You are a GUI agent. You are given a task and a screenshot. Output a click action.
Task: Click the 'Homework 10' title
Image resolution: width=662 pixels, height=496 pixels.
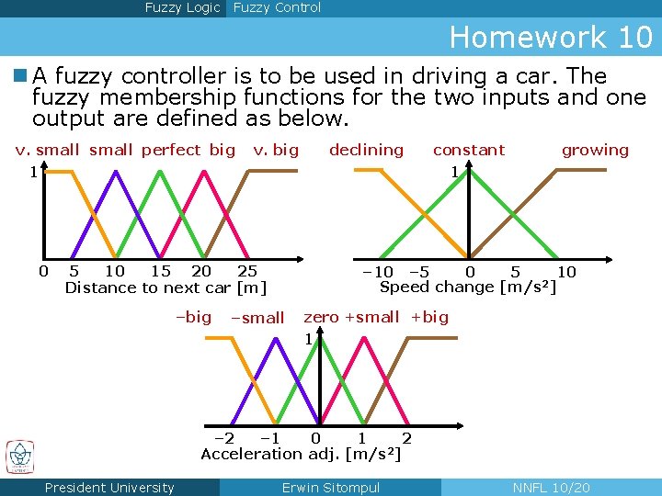click(x=550, y=38)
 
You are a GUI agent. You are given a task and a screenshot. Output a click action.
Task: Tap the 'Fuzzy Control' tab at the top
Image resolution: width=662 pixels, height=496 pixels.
click(x=277, y=8)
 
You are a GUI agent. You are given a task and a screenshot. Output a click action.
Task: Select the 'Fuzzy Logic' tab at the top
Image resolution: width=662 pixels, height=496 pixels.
click(x=182, y=8)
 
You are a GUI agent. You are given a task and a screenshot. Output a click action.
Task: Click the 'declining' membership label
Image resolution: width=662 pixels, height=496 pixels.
click(x=366, y=150)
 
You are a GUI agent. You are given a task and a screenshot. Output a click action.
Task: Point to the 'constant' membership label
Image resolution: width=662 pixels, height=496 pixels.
click(x=469, y=150)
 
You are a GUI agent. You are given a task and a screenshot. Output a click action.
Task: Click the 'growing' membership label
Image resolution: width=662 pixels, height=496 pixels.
click(x=595, y=150)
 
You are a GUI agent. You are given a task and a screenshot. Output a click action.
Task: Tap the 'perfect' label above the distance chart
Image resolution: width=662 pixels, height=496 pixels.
click(x=170, y=150)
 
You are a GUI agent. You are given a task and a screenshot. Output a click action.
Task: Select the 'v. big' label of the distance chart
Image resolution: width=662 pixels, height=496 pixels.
click(x=276, y=150)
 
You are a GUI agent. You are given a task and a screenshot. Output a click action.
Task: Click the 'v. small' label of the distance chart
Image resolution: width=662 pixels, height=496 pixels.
click(x=48, y=150)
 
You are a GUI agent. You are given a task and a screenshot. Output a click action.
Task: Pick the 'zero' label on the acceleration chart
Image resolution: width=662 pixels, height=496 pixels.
click(x=321, y=317)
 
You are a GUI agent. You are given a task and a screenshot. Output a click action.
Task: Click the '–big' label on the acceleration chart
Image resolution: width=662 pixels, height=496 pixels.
click(x=193, y=317)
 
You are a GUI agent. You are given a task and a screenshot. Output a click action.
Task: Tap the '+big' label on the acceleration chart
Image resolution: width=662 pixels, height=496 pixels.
click(x=429, y=317)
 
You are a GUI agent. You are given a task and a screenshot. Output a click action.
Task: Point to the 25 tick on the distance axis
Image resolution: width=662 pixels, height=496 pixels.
click(x=247, y=271)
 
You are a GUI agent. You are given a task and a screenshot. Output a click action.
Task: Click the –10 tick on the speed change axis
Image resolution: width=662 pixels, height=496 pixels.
click(x=378, y=272)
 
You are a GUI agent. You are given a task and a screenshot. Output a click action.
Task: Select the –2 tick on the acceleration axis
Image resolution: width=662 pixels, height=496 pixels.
click(x=223, y=438)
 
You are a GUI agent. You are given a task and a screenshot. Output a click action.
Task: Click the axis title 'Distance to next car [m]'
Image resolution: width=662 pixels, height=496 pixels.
click(x=165, y=287)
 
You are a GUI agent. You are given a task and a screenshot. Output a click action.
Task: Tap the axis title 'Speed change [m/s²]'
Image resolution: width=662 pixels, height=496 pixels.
click(x=468, y=287)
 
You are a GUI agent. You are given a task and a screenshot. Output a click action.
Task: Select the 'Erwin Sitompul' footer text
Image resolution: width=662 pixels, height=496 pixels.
click(x=330, y=488)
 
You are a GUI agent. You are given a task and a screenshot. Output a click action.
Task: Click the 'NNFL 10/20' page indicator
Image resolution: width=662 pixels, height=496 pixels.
click(x=551, y=488)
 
